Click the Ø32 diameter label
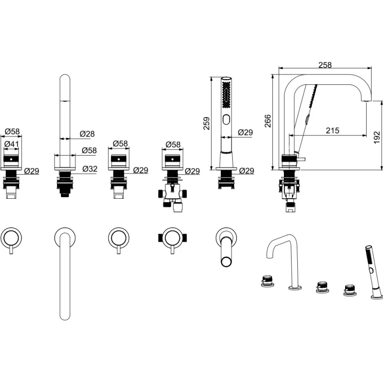[x=90, y=169]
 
